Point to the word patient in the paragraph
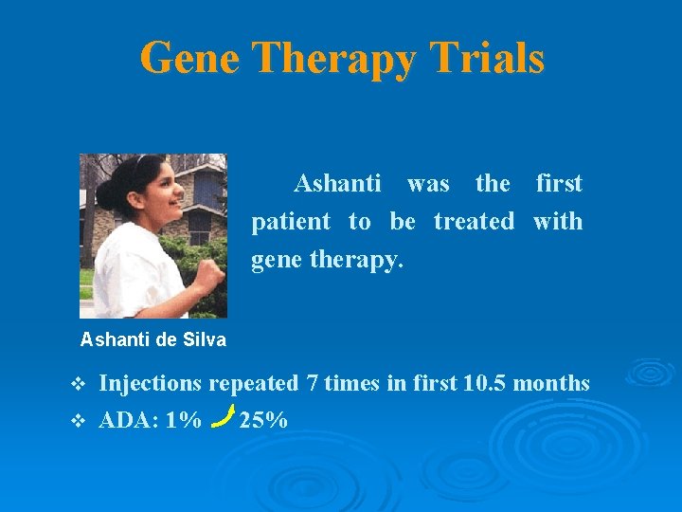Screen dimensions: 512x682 click(x=291, y=222)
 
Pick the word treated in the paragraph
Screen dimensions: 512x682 click(x=474, y=222)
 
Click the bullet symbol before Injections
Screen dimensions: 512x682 click(x=79, y=384)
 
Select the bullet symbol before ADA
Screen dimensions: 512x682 click(x=79, y=420)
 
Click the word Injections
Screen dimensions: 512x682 click(x=151, y=384)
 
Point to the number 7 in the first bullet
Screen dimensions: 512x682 click(x=313, y=384)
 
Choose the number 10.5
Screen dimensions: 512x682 click(x=486, y=384)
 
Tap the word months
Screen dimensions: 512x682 click(x=553, y=384)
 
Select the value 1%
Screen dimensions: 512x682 click(x=183, y=419)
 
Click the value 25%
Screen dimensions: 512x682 click(x=264, y=419)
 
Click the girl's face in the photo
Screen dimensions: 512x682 click(x=162, y=195)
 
